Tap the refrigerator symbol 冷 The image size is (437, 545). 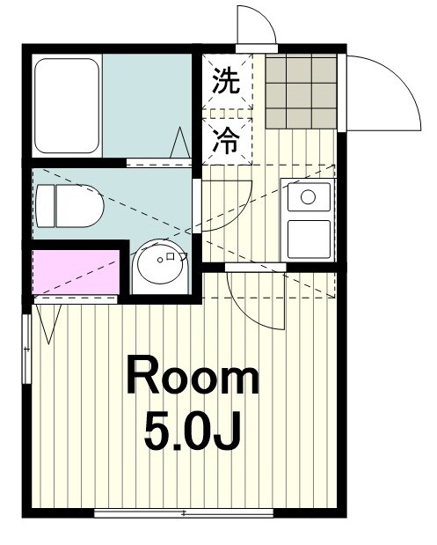pyautogui.click(x=226, y=141)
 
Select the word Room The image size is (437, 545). pyautogui.click(x=193, y=379)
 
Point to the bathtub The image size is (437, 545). pyautogui.click(x=68, y=106)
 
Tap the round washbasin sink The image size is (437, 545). pyautogui.click(x=160, y=261)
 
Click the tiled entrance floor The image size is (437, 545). pyautogui.click(x=300, y=92)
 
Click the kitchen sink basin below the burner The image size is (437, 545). pyautogui.click(x=308, y=238)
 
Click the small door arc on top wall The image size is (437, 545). pyautogui.click(x=256, y=26)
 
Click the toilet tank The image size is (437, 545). pyautogui.click(x=44, y=206)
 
